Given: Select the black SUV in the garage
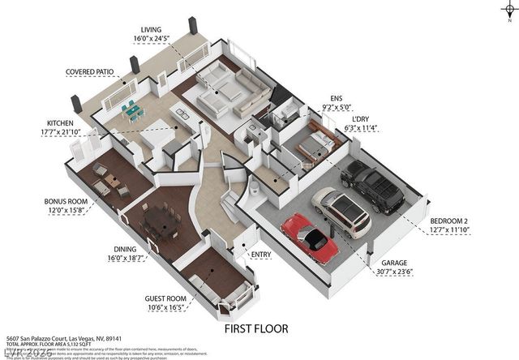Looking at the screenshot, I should pyautogui.click(x=371, y=186).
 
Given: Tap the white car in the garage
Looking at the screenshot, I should pyautogui.click(x=341, y=212).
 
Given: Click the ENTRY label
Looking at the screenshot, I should pyautogui.click(x=261, y=255).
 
